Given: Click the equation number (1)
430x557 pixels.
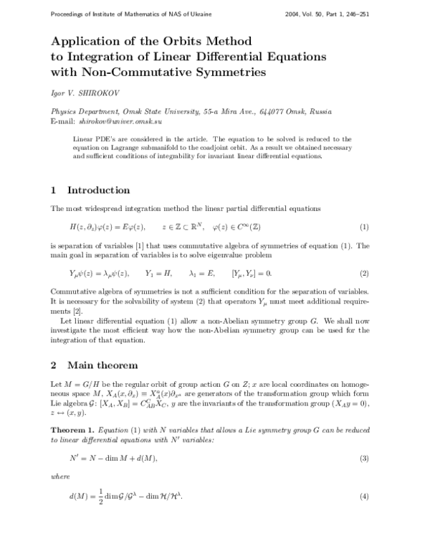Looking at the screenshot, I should [x=364, y=227].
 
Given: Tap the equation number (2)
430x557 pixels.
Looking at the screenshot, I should [x=364, y=273].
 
